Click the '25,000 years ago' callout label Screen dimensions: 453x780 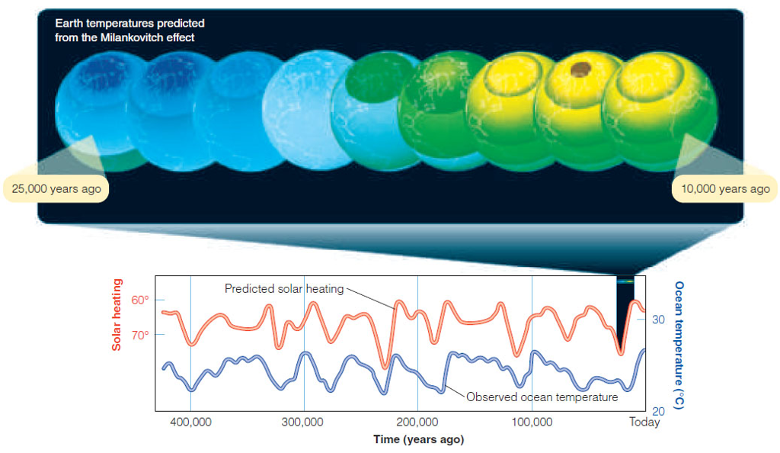56,188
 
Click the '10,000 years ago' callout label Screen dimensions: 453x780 721,188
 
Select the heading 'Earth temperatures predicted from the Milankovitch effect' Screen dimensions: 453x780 129,31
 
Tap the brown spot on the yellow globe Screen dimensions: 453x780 580,70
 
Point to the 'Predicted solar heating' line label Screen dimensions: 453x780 283,289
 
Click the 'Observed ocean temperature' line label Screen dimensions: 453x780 542,397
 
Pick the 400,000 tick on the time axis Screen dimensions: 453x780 190,422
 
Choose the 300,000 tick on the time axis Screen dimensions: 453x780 304,422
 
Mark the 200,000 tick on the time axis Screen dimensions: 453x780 417,422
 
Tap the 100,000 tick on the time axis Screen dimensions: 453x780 531,422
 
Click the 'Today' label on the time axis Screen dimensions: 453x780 644,422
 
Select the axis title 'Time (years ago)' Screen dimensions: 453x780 418,439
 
